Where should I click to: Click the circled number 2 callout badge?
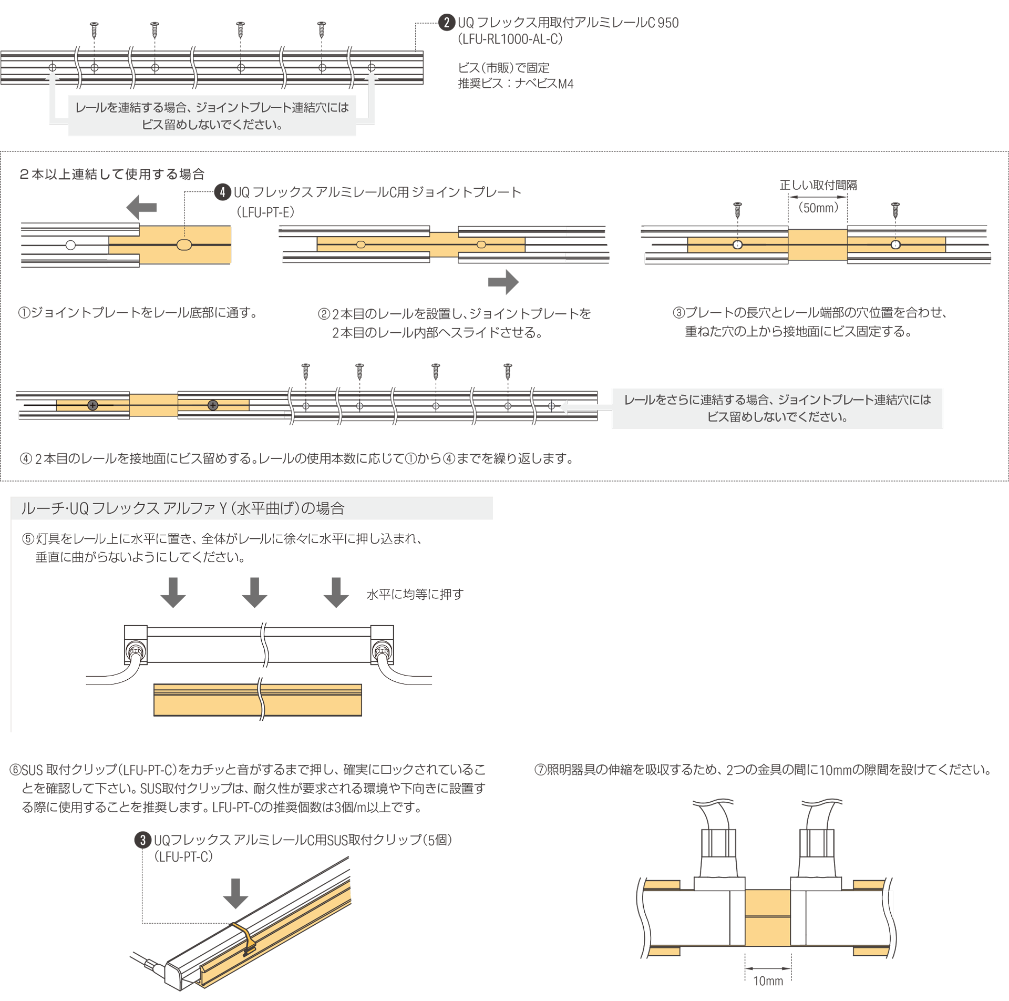pyautogui.click(x=447, y=23)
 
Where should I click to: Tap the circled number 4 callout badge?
pyautogui.click(x=223, y=192)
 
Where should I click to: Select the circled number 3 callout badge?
pyautogui.click(x=143, y=840)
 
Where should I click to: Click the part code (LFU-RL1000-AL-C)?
pyautogui.click(x=510, y=39)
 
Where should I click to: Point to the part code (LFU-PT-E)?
pyautogui.click(x=265, y=212)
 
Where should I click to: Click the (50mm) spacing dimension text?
pyautogui.click(x=818, y=208)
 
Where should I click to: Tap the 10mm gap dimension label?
pyautogui.click(x=768, y=981)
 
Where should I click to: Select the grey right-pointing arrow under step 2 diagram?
pyautogui.click(x=503, y=282)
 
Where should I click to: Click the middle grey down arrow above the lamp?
pyautogui.click(x=254, y=593)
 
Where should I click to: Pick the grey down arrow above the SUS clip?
pyautogui.click(x=235, y=893)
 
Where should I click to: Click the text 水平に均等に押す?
pyautogui.click(x=415, y=595)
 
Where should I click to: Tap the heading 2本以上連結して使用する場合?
pyautogui.click(x=112, y=174)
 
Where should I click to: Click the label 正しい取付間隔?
pyautogui.click(x=818, y=185)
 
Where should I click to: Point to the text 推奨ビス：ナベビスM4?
pyautogui.click(x=516, y=84)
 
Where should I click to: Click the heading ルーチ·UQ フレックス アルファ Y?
pyautogui.click(x=182, y=508)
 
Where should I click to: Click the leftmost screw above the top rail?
pyautogui.click(x=95, y=29)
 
